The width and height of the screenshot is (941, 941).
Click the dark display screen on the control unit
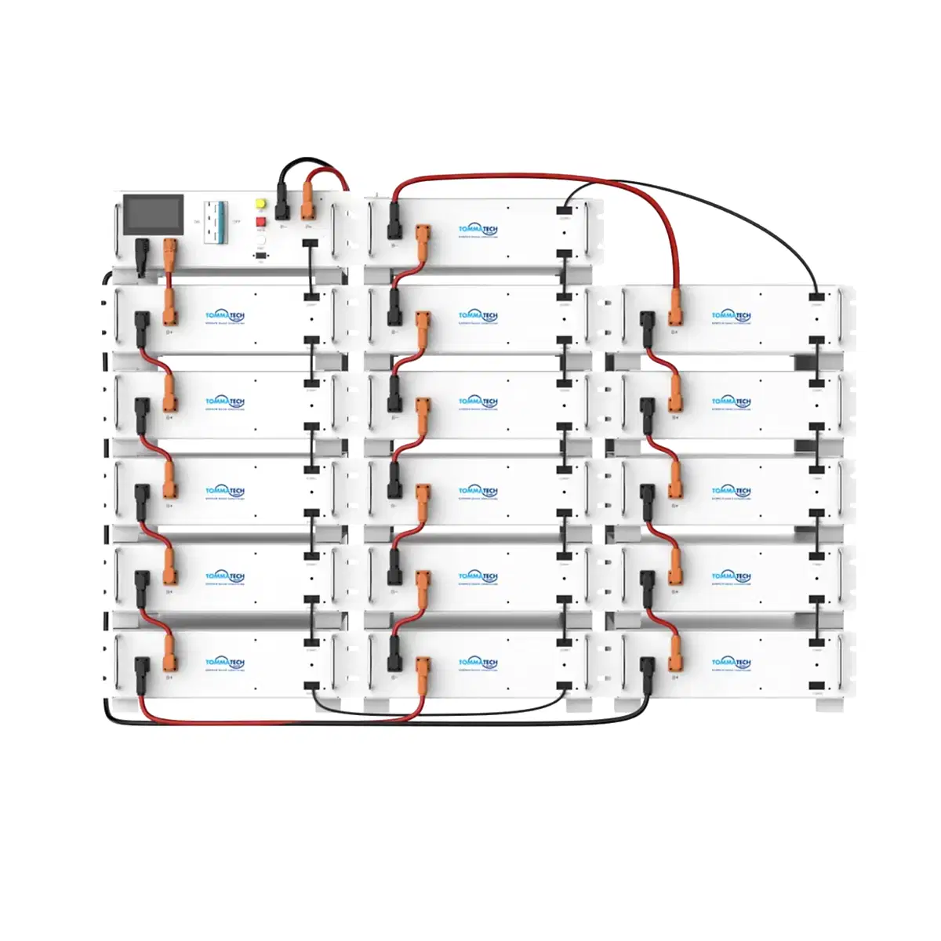pyautogui.click(x=154, y=215)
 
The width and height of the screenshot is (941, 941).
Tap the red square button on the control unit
pyautogui.click(x=260, y=222)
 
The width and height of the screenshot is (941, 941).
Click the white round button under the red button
pyautogui.click(x=260, y=242)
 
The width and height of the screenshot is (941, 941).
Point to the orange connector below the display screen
pyautogui.click(x=169, y=253)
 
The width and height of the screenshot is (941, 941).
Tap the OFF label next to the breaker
pyautogui.click(x=236, y=222)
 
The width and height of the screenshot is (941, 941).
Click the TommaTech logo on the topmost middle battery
pyautogui.click(x=478, y=230)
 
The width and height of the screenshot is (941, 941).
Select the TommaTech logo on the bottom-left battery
pyautogui.click(x=225, y=663)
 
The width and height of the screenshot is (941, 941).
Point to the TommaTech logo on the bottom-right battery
pyautogui.click(x=731, y=663)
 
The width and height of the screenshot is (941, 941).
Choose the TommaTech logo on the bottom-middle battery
pyautogui.click(x=478, y=663)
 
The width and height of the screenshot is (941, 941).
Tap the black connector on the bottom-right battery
pyautogui.click(x=648, y=671)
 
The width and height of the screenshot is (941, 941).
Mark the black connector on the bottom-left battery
pyautogui.click(x=142, y=671)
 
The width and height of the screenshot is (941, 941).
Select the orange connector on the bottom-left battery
pyautogui.click(x=169, y=652)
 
